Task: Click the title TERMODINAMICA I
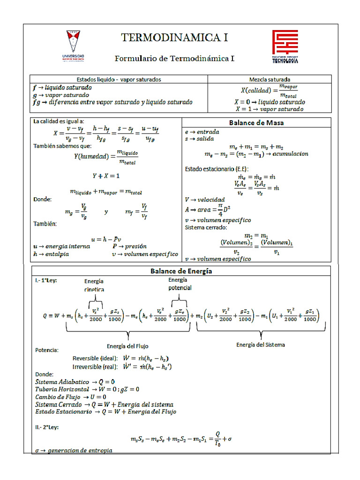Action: click(174, 38)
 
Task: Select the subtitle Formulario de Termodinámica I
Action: click(174, 59)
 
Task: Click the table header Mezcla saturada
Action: click(270, 79)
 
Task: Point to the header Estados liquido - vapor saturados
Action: click(119, 79)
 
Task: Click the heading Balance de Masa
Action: click(256, 123)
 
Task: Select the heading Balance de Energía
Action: click(181, 271)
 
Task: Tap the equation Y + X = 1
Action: click(106, 176)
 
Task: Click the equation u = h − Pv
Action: click(106, 239)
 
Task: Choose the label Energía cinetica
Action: click(94, 285)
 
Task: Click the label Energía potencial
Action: click(180, 284)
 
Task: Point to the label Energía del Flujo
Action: click(127, 346)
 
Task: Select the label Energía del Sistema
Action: click(261, 345)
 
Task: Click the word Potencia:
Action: click(47, 350)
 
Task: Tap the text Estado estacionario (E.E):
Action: click(217, 168)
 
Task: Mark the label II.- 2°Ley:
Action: click(47, 427)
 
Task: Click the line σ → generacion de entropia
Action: click(74, 450)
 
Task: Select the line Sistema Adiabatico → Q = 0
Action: click(75, 382)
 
